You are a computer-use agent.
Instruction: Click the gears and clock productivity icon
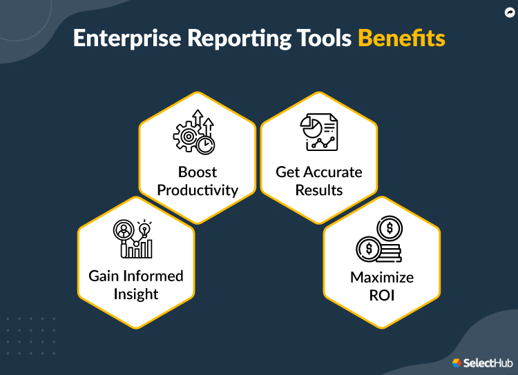tap(194, 135)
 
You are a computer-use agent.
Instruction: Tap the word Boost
tap(198, 172)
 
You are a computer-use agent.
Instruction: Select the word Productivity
tap(198, 190)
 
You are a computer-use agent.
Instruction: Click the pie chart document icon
tap(318, 133)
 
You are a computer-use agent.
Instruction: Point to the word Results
tap(319, 190)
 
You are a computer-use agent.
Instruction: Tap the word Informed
tap(153, 276)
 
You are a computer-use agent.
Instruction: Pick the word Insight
tap(136, 294)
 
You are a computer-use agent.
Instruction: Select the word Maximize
tap(382, 278)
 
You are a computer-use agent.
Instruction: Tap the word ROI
tap(382, 296)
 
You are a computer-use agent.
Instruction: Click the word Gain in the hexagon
tap(104, 276)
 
